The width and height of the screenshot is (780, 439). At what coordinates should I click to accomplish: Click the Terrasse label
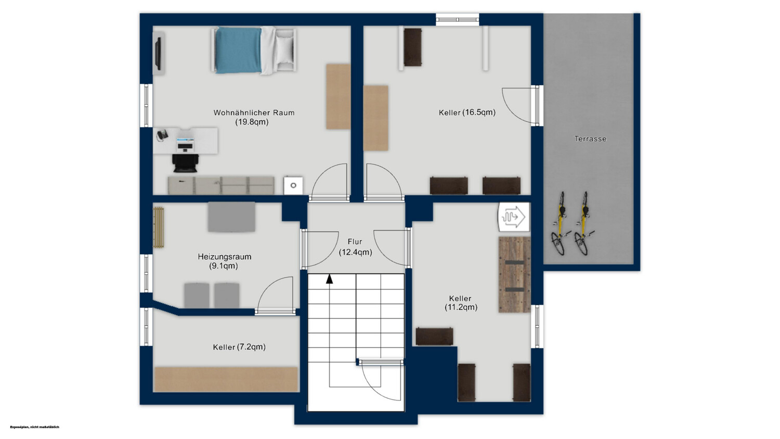click(x=590, y=139)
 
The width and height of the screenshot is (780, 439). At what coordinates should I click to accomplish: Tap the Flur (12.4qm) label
click(x=355, y=247)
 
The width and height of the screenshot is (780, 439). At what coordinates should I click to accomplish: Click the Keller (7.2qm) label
click(x=239, y=347)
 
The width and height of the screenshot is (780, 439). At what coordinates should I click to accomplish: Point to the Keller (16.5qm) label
click(x=467, y=112)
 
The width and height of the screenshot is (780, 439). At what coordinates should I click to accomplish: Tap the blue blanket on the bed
click(x=238, y=51)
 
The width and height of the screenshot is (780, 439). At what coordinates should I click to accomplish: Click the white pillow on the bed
click(x=284, y=49)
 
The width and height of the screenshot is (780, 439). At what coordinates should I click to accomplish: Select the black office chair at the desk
click(x=186, y=163)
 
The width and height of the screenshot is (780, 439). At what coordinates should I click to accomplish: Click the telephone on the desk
click(x=162, y=134)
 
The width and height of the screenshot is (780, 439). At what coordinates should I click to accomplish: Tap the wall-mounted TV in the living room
click(x=158, y=53)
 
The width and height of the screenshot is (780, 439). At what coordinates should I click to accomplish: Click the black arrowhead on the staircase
click(x=329, y=279)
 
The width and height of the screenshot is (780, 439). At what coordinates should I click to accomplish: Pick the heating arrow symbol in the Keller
click(x=514, y=217)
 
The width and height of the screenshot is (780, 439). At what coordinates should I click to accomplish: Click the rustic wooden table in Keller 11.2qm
click(x=514, y=275)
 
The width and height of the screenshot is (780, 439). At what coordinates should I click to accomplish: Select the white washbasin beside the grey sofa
click(x=293, y=185)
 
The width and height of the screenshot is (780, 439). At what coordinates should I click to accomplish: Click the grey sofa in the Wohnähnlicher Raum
click(x=221, y=185)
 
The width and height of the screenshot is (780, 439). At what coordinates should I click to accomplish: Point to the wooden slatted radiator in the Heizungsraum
click(x=159, y=228)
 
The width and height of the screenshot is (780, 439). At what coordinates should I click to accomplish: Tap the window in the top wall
click(x=458, y=19)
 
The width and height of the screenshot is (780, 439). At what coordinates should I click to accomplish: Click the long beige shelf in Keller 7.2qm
click(x=226, y=380)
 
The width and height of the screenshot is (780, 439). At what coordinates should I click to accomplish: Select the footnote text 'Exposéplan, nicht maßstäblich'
click(x=34, y=427)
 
